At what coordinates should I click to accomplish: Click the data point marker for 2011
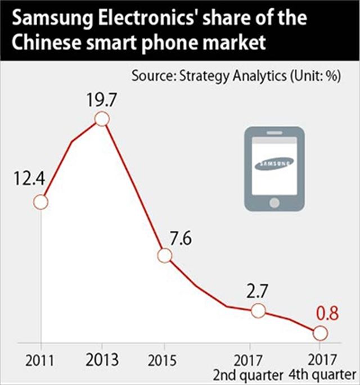40,202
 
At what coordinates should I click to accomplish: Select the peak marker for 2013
102,119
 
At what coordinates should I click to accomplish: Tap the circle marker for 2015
164,256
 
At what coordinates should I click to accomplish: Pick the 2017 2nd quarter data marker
258,310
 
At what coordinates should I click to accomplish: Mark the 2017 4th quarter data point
319,333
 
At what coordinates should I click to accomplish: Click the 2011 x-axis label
40,360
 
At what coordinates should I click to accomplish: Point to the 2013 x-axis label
102,360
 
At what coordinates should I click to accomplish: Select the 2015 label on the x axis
164,360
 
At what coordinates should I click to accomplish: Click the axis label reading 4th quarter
325,374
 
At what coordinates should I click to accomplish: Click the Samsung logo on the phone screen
274,164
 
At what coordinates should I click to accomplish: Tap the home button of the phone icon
274,201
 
